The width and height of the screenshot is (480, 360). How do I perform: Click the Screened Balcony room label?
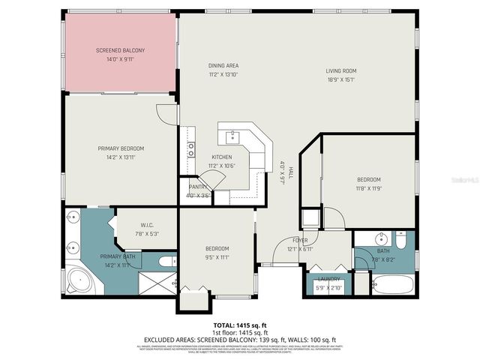point(120,50)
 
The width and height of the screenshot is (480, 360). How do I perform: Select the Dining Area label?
point(223,65)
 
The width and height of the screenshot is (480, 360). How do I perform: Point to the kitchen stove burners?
point(191,149)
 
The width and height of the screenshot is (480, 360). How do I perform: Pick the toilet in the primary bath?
point(166,262)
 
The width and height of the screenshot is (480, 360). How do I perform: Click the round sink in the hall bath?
point(376,241)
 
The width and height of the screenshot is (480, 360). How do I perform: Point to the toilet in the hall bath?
point(402,241)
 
